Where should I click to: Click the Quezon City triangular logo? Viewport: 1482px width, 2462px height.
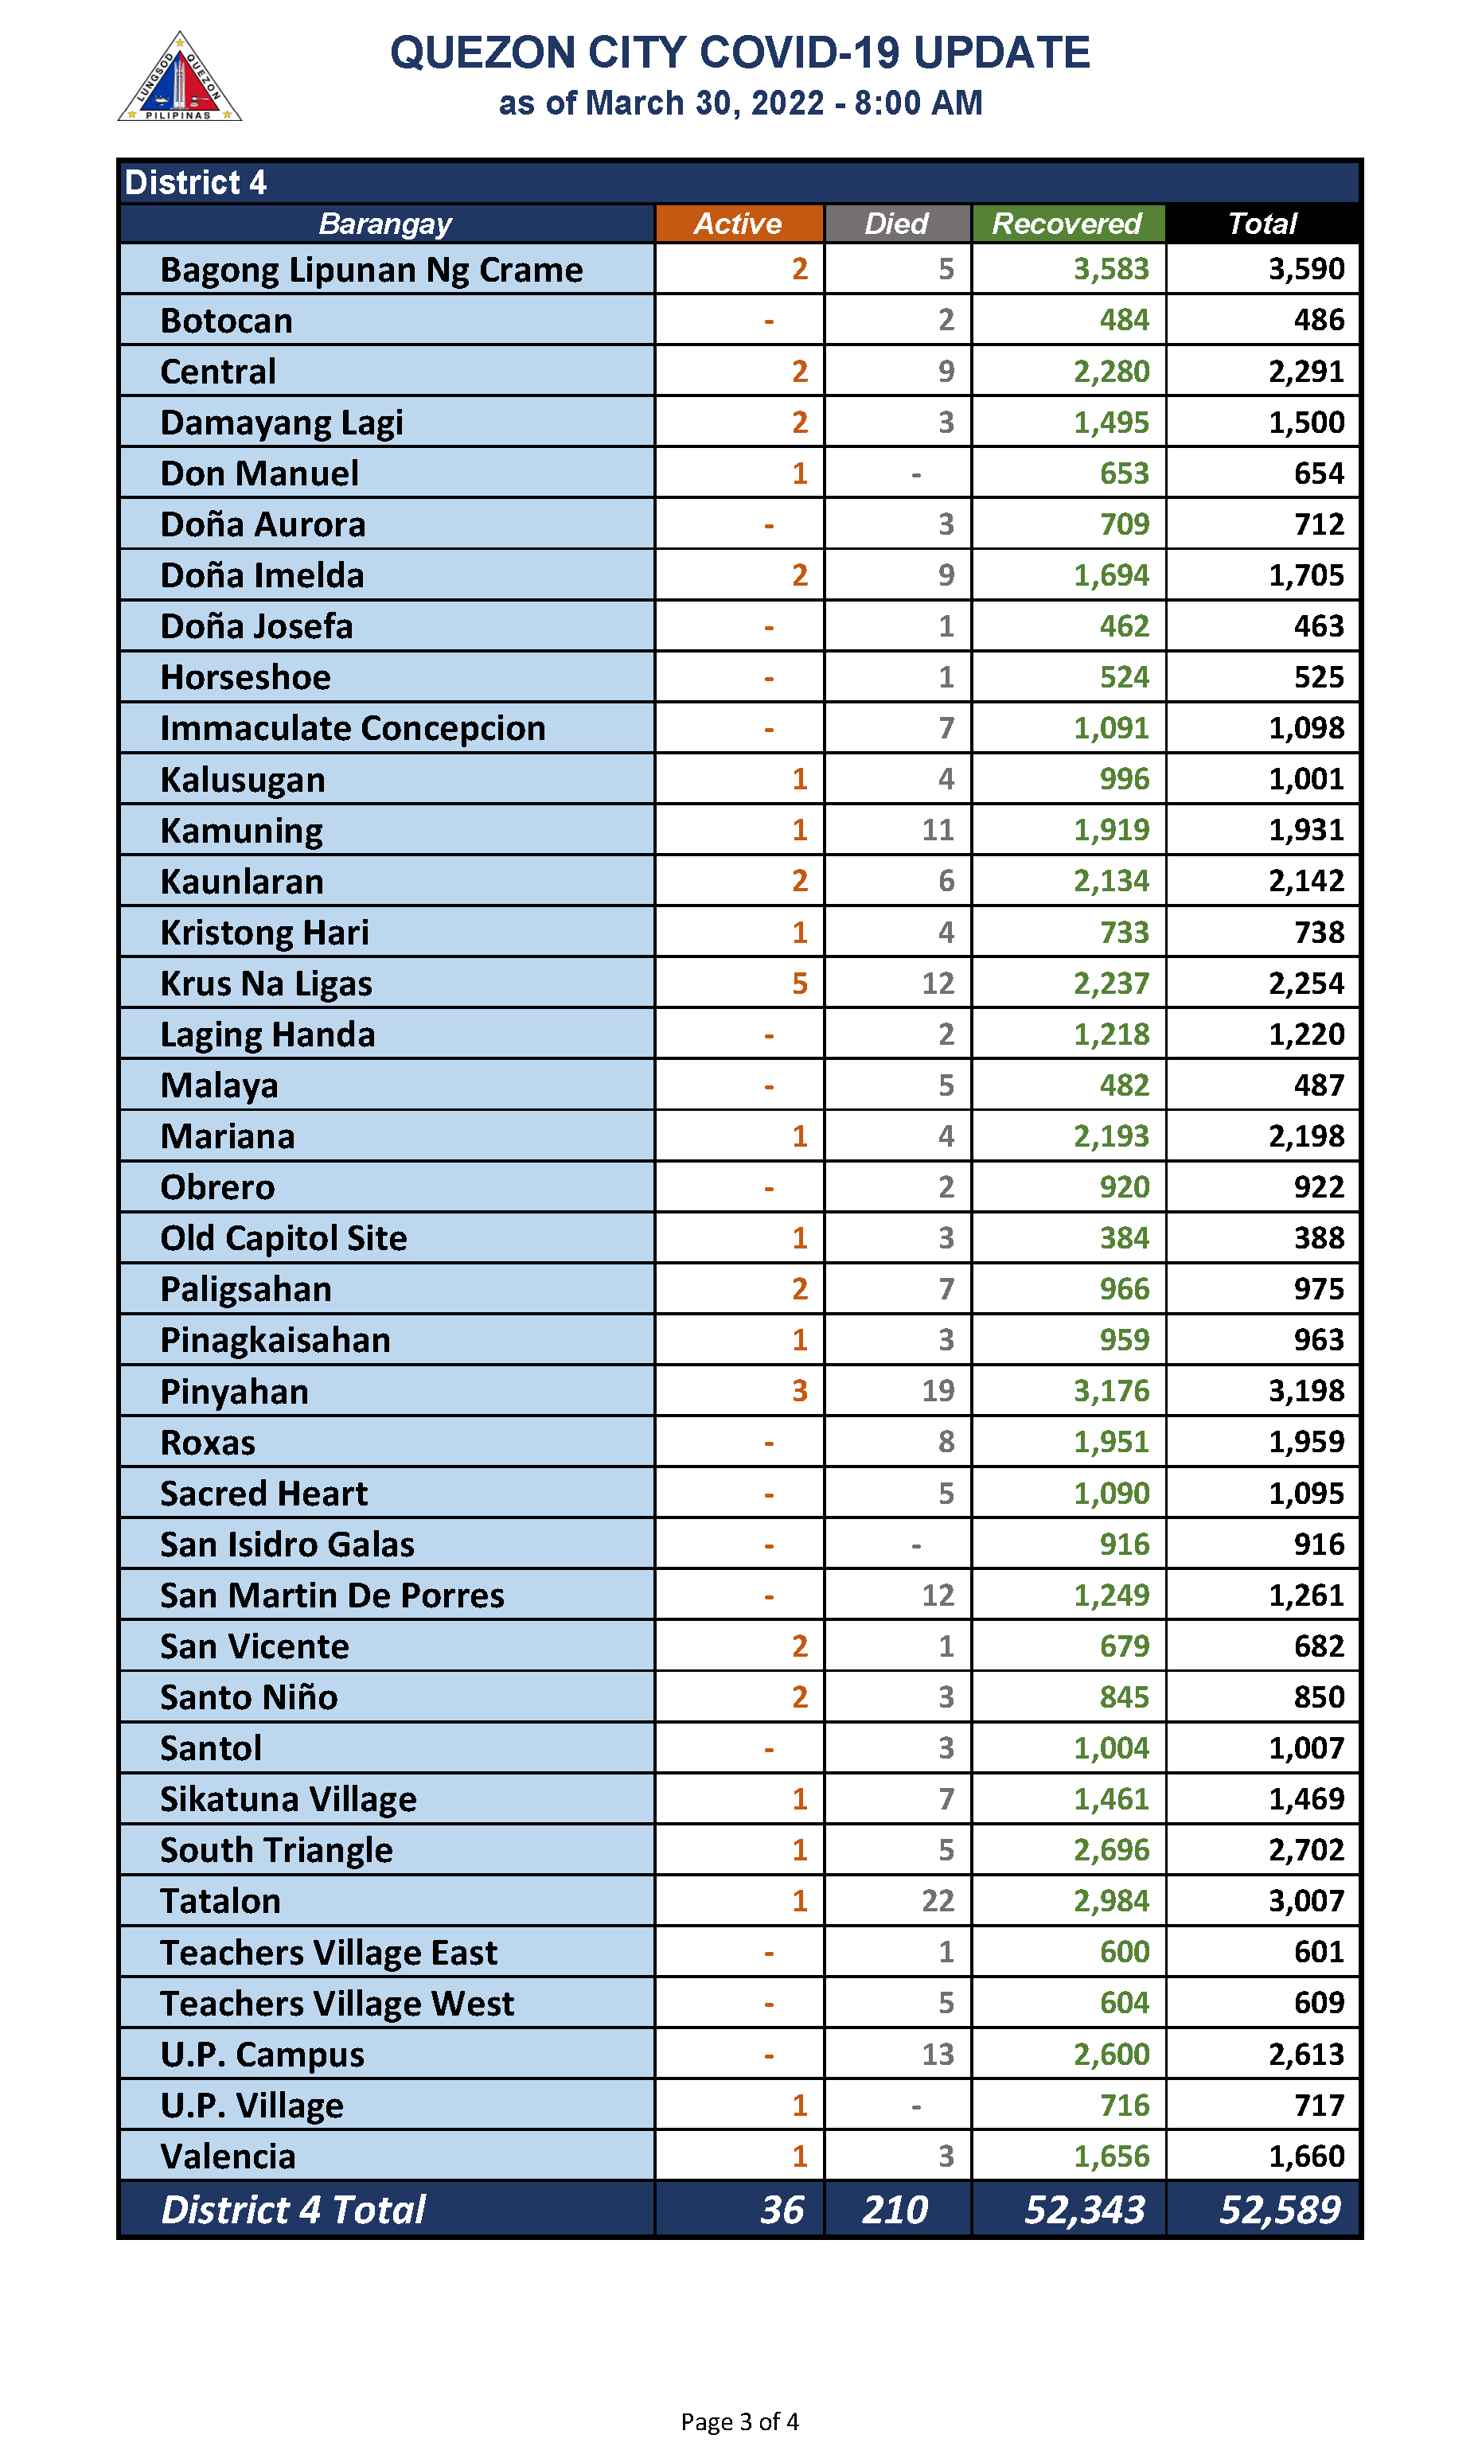click(179, 79)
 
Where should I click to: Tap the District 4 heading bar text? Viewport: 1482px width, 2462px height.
click(196, 183)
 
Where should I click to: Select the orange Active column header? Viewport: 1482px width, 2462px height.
click(738, 224)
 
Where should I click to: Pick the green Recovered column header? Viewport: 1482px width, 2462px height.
click(1067, 224)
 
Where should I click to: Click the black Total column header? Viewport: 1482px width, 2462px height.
click(1262, 224)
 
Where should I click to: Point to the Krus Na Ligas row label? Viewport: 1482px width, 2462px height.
click(266, 984)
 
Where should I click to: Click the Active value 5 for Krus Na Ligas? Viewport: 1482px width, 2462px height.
click(799, 984)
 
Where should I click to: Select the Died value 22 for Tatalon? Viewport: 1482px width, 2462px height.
click(937, 1900)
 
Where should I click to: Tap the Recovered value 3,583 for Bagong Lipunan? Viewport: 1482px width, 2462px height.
click(1110, 270)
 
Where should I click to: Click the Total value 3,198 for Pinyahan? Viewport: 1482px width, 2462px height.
click(1305, 1391)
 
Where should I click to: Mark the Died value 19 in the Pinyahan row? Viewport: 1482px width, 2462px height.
click(937, 1391)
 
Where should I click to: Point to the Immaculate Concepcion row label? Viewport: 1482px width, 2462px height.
click(353, 729)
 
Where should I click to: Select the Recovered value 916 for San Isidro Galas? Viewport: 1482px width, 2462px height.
click(1124, 1544)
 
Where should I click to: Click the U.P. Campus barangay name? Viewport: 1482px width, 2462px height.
click(262, 2054)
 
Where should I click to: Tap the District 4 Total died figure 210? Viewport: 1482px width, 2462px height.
click(895, 2210)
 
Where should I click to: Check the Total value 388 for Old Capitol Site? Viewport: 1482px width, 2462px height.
click(1318, 1238)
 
